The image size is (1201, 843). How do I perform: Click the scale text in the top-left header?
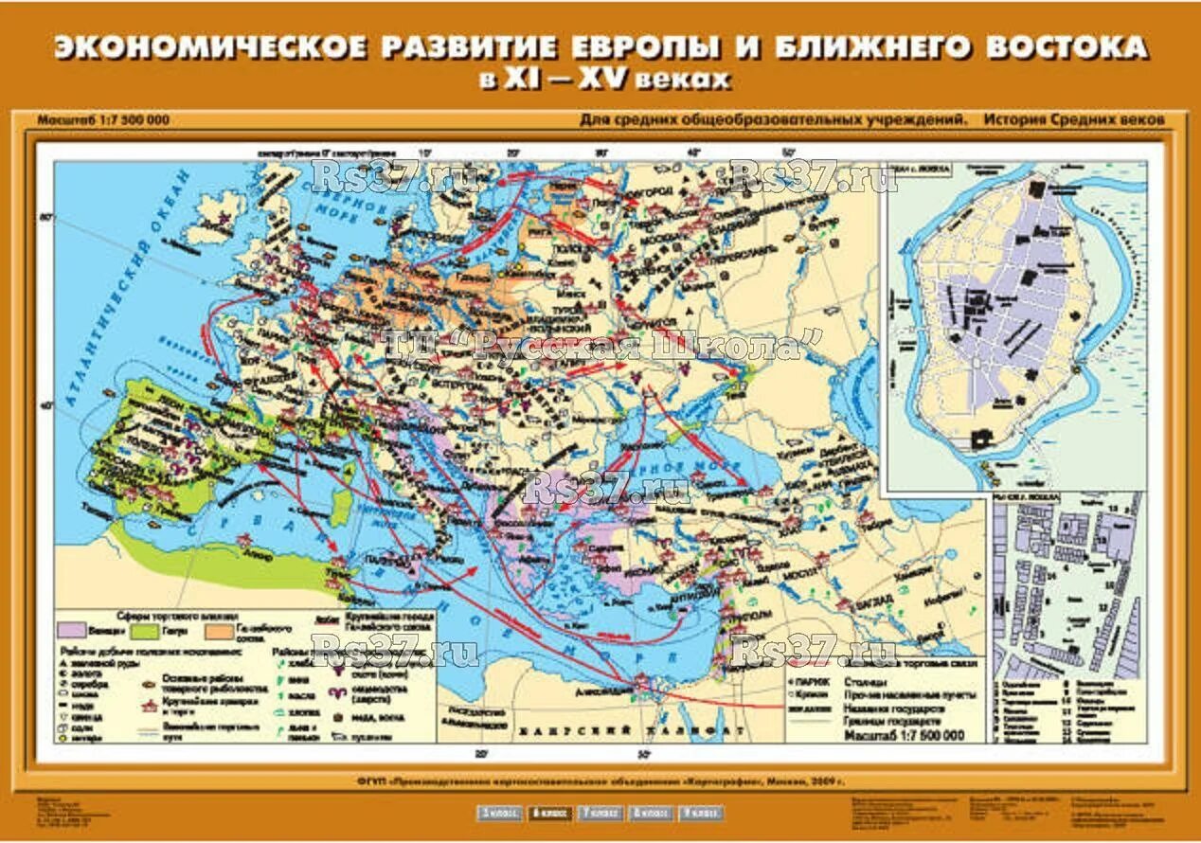click(x=104, y=121)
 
